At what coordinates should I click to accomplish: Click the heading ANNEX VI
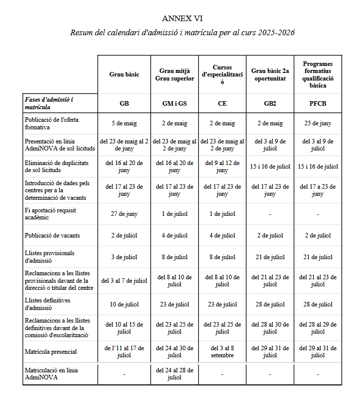[x=183, y=19]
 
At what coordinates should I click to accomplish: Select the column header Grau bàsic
[x=124, y=74]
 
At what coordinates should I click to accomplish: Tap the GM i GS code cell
[x=174, y=104]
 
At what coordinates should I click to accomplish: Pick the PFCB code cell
[x=318, y=104]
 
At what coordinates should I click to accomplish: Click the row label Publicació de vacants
[x=52, y=235]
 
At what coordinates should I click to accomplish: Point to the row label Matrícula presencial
[x=50, y=351]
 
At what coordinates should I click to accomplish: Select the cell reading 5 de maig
[x=124, y=123]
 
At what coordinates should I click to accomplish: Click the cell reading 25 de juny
[x=318, y=123]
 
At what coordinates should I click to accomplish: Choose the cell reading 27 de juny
[x=124, y=214]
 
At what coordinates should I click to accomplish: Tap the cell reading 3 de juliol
[x=124, y=257]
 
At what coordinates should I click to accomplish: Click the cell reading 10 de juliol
[x=124, y=304]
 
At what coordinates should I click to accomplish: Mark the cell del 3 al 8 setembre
[x=222, y=351]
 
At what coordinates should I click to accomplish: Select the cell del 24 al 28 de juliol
[x=174, y=374]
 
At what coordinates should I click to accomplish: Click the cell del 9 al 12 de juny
[x=222, y=167]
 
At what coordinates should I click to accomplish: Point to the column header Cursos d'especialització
[x=222, y=74]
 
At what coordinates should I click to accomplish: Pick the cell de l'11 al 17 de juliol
[x=124, y=351]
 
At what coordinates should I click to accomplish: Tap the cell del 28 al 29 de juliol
[x=318, y=328]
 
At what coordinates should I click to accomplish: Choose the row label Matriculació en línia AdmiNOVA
[x=51, y=374]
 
